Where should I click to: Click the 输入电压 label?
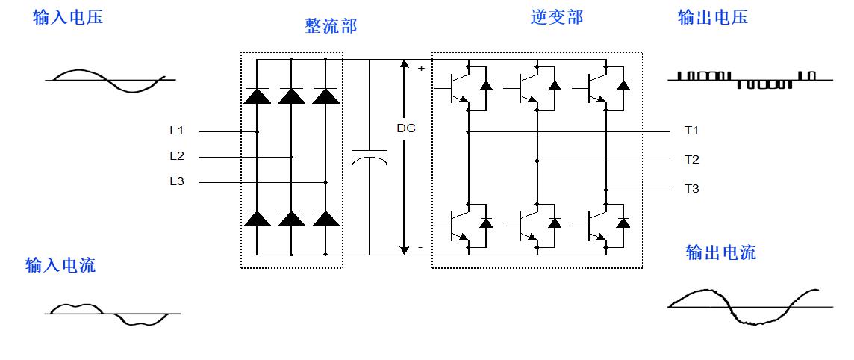tap(68, 18)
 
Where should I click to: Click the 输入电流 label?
tap(60, 265)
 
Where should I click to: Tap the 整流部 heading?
tap(331, 26)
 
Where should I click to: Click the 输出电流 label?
tap(720, 252)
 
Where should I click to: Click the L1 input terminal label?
tap(176, 131)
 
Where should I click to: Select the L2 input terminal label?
tap(176, 157)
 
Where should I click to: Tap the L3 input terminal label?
tap(176, 181)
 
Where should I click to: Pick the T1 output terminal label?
tap(691, 131)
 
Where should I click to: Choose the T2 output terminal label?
tap(691, 160)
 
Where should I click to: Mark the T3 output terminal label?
tap(691, 189)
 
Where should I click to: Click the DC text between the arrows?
tap(406, 128)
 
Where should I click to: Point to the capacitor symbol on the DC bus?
tap(369, 156)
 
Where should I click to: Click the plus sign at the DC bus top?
tap(421, 69)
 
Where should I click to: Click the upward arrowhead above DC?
tap(404, 64)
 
